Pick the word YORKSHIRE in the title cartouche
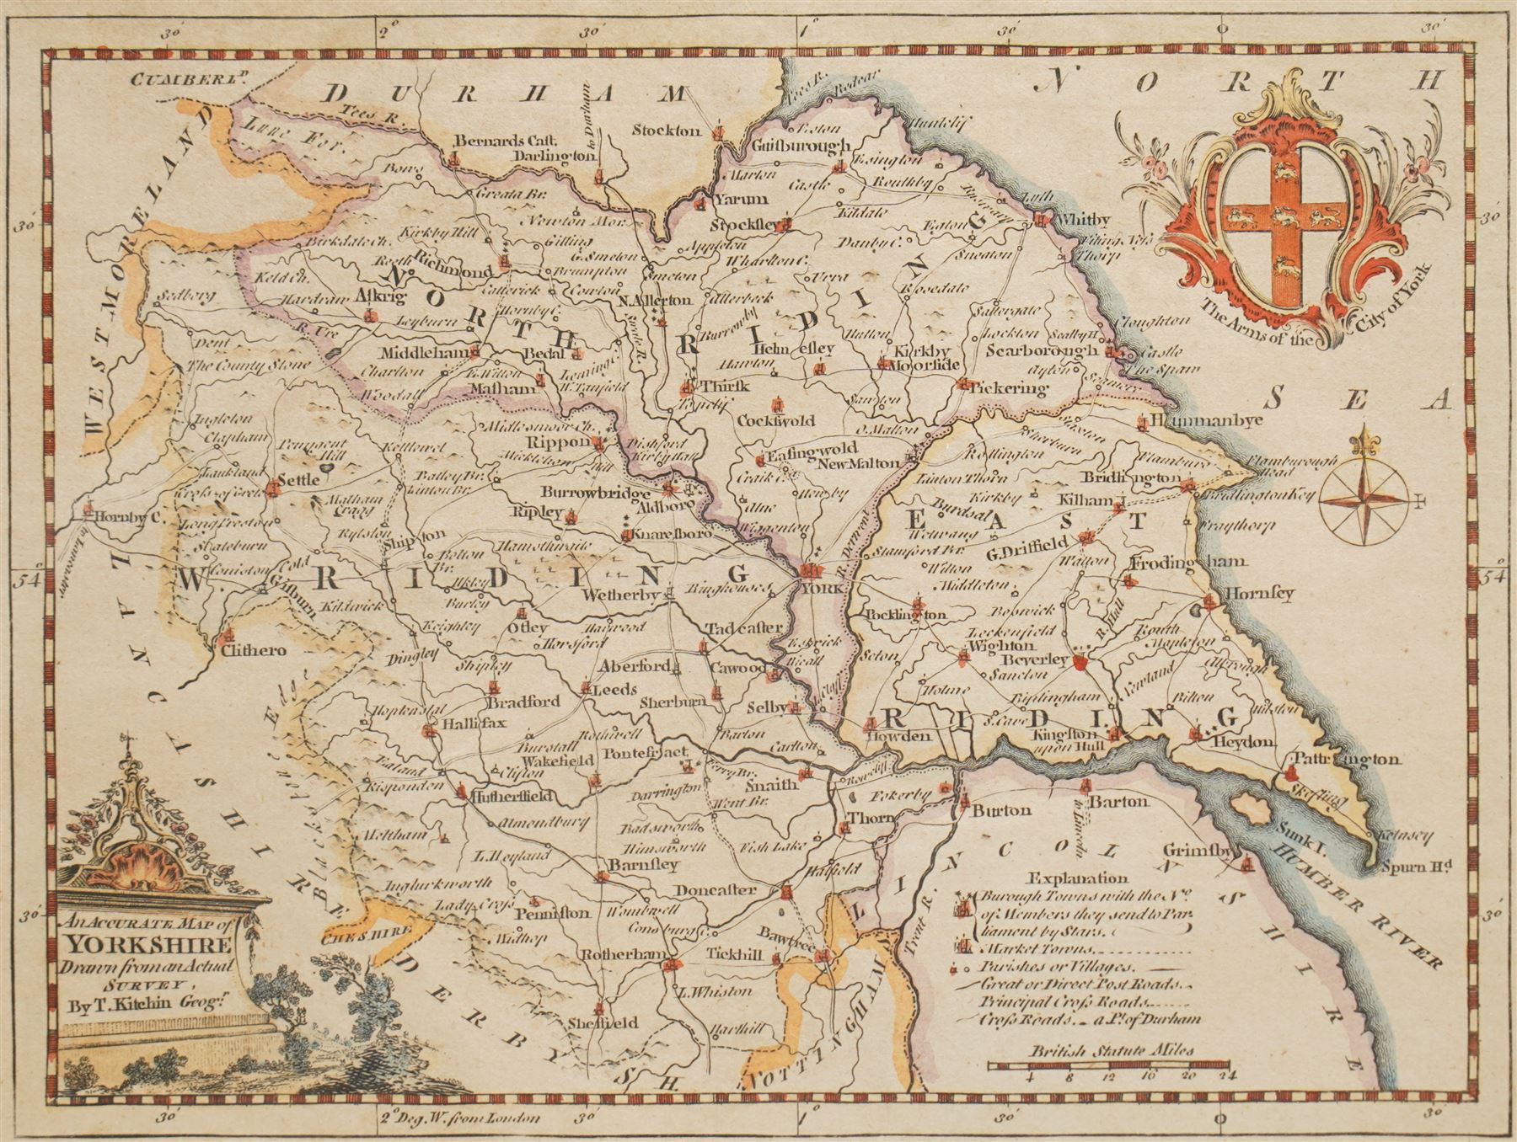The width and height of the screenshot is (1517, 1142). coord(147,944)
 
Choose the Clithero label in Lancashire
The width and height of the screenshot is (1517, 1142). coord(253,650)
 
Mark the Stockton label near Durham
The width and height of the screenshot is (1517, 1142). coord(672,131)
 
